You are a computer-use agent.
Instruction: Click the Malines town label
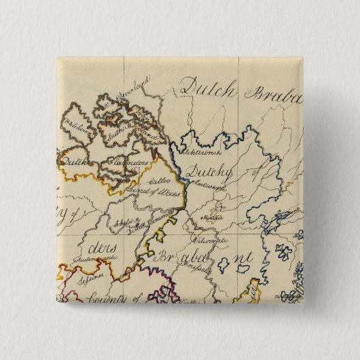pyautogui.click(x=215, y=218)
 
